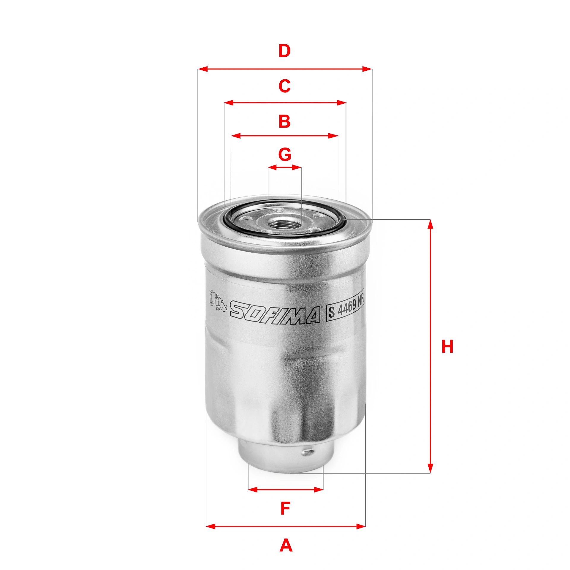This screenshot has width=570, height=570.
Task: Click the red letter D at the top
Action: pyautogui.click(x=284, y=51)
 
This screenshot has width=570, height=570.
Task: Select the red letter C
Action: pyautogui.click(x=284, y=86)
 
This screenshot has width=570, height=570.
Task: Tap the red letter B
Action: pyautogui.click(x=284, y=121)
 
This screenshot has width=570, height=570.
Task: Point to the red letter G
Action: pyautogui.click(x=285, y=154)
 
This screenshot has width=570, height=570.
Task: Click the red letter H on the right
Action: pyautogui.click(x=447, y=346)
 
